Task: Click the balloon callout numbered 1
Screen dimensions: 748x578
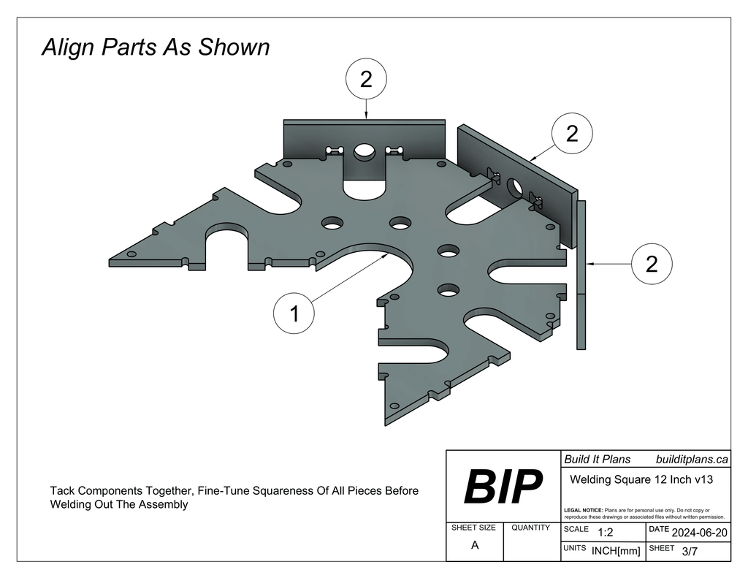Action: pos(294,313)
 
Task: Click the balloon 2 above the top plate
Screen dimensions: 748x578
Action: pos(366,79)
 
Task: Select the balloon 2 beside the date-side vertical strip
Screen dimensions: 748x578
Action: pos(652,264)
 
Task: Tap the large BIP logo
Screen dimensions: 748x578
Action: pos(503,487)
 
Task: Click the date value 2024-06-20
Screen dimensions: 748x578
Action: pos(699,533)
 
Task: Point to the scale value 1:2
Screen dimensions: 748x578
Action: pos(606,532)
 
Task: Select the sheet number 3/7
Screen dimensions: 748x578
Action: pos(690,551)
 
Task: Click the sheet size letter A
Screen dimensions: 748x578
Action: pos(475,545)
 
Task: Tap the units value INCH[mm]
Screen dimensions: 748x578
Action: pos(616,551)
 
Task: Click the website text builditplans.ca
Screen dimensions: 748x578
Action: pos(692,459)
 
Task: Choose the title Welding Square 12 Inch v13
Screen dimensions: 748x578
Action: pos(641,479)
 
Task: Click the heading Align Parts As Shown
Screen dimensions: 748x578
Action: pos(156,47)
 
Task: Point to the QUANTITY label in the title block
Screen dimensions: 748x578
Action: pos(530,528)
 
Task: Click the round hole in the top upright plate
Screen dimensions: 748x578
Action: pos(364,151)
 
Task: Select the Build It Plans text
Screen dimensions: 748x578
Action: pos(598,459)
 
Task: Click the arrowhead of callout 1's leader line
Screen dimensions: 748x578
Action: pos(386,256)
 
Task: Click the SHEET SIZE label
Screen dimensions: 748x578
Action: pos(473,528)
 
